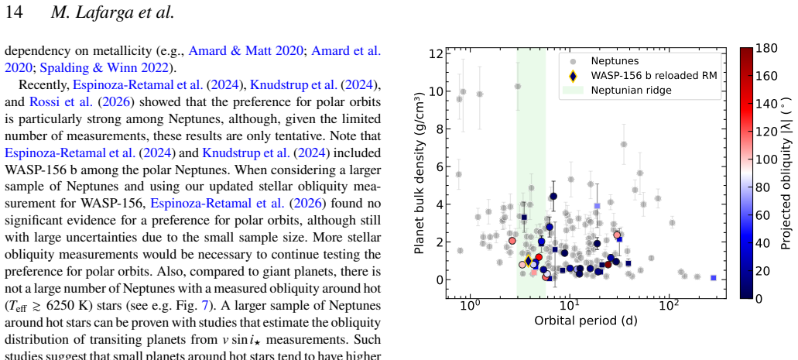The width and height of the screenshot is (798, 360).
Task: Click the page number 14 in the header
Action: [14, 12]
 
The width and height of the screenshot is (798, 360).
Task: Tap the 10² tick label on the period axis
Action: [668, 307]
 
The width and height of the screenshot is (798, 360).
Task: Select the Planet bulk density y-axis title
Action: [420, 173]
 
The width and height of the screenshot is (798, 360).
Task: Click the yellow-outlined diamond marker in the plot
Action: [529, 261]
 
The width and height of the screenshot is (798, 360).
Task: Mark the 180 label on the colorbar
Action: [766, 48]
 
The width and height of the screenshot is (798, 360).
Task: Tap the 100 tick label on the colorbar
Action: [766, 159]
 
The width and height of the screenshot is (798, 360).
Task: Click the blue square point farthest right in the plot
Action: [714, 278]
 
